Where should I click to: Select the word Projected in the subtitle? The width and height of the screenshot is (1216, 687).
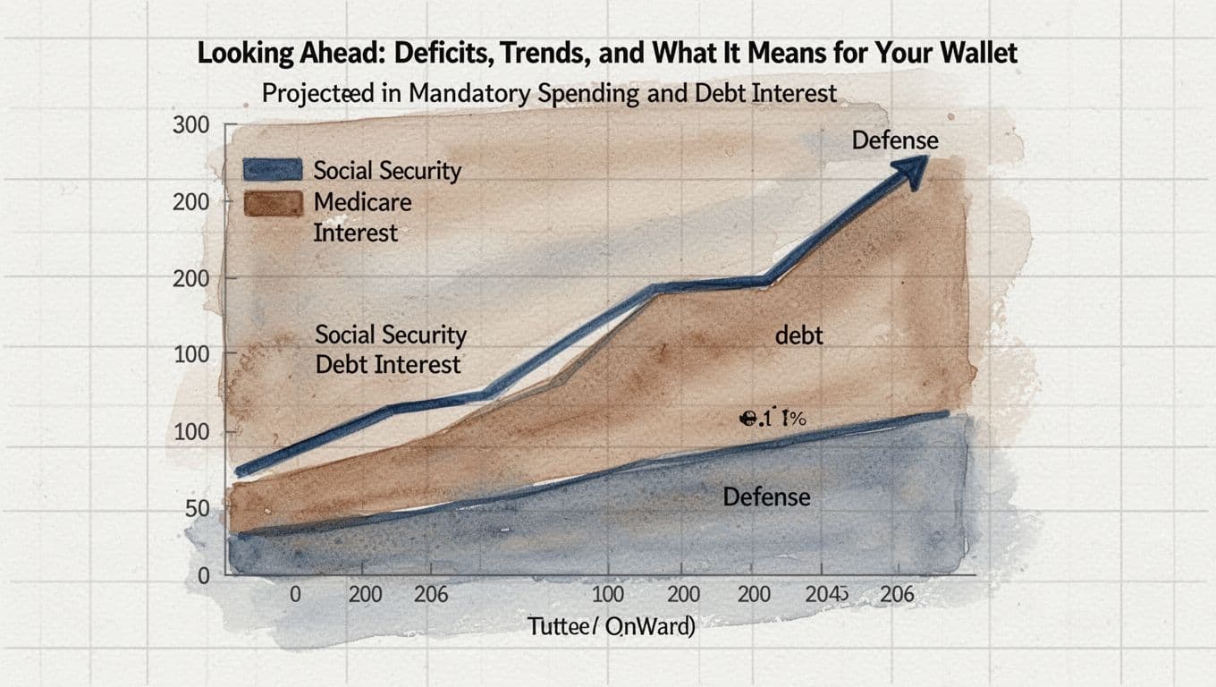(317, 92)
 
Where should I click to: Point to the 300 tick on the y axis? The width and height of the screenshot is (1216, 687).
(190, 125)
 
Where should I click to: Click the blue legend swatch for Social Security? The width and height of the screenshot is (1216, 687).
(274, 170)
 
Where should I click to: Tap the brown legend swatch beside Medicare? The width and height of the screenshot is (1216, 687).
(274, 203)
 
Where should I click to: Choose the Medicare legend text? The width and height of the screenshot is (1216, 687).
(362, 202)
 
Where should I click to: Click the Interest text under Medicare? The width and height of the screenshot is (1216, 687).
(355, 233)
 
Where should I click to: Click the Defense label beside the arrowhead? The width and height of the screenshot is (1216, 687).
(894, 140)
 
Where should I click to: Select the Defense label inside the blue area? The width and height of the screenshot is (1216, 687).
(766, 496)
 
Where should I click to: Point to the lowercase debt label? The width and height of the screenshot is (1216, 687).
(799, 335)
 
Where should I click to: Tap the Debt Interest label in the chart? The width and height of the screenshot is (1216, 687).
(388, 364)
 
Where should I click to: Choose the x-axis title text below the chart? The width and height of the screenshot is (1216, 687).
(611, 627)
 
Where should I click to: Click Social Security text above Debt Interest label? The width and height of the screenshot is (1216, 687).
(391, 335)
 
